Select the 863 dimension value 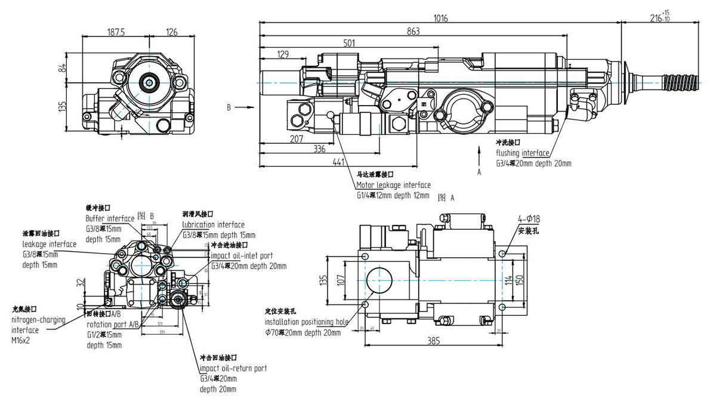(412, 31)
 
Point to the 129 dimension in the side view (283, 54)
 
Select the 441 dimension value (339, 162)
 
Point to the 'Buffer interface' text (110, 218)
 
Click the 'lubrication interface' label (213, 224)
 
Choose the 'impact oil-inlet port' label (242, 255)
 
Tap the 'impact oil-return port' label (233, 368)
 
